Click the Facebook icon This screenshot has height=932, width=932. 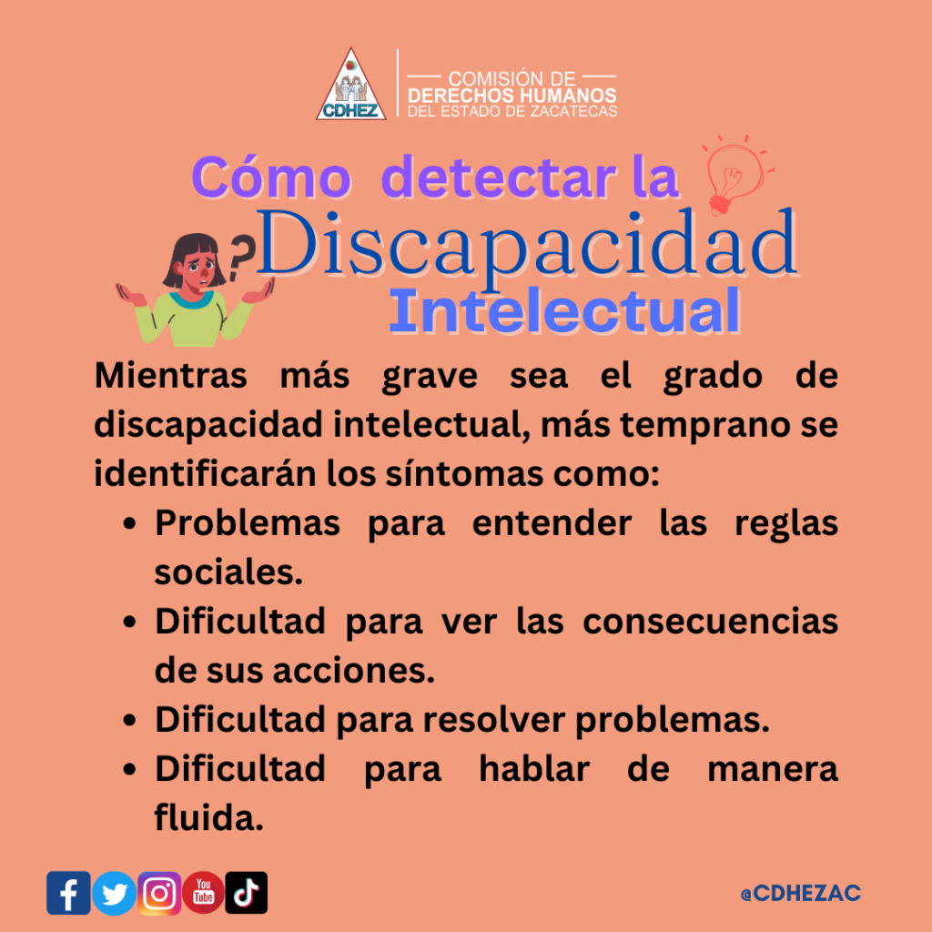coord(68,893)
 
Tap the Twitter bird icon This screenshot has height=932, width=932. coord(114,893)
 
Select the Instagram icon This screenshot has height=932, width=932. coord(159,893)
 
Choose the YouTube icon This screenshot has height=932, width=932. coord(203,893)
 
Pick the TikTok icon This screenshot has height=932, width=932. coord(246,893)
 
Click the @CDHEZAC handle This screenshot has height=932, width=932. coord(801,893)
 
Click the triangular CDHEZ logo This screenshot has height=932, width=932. coord(350,85)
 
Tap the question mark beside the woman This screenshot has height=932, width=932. coord(239,256)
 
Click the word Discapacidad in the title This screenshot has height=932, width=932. coord(527,245)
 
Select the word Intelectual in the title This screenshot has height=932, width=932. coord(564,311)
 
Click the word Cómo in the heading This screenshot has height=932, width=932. coord(271,177)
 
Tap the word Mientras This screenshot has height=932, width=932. coord(170,376)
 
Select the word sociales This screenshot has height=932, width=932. coord(228,572)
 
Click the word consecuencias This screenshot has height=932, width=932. coord(710,622)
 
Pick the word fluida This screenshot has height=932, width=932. coord(208,817)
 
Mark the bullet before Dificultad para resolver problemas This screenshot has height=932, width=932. coord(129,721)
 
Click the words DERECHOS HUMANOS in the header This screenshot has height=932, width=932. coord(512,95)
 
